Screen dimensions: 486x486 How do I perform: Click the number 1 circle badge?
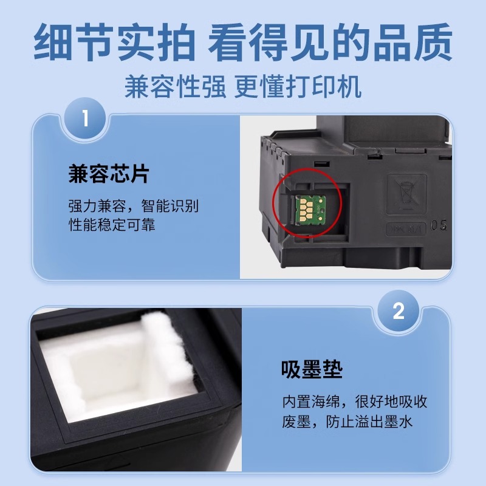point(85,117)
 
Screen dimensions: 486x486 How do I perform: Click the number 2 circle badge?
point(399,312)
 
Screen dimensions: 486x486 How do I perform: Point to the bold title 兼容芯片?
point(108,175)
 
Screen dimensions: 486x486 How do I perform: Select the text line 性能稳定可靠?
point(112,225)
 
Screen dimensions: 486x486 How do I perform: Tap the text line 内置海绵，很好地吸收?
point(346,402)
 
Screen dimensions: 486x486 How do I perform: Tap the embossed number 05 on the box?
point(439,226)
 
